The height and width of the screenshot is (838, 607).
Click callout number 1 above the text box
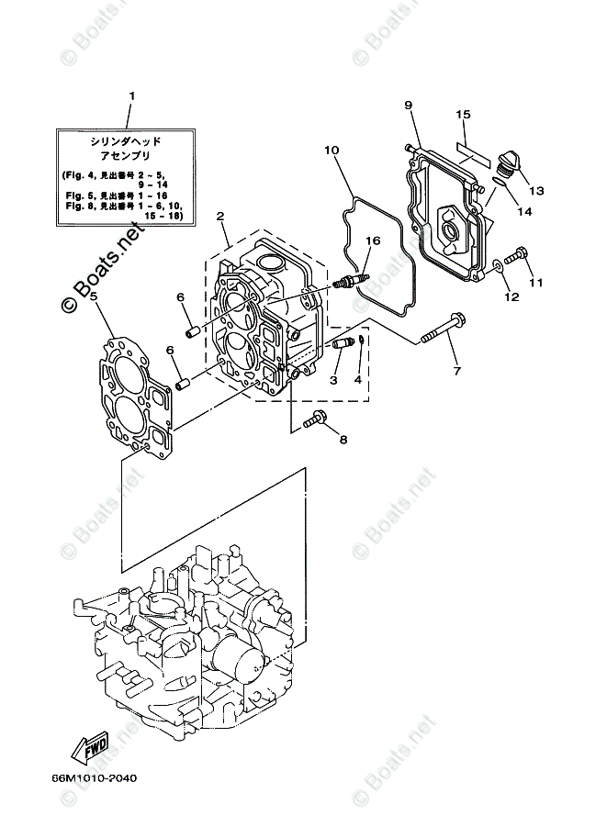tap(131, 95)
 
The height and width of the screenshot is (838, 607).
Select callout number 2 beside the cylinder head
tap(221, 217)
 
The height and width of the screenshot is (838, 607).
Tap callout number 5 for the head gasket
tap(94, 298)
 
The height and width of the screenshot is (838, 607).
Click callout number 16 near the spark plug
tap(371, 241)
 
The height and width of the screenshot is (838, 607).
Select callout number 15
tap(464, 115)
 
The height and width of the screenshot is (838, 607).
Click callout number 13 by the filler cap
tap(536, 191)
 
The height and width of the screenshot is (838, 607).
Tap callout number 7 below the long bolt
tap(456, 371)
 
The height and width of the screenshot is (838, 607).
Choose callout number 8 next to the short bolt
tap(343, 440)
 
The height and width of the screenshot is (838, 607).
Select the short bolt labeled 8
tap(313, 419)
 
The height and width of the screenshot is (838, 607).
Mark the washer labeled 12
tap(497, 266)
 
